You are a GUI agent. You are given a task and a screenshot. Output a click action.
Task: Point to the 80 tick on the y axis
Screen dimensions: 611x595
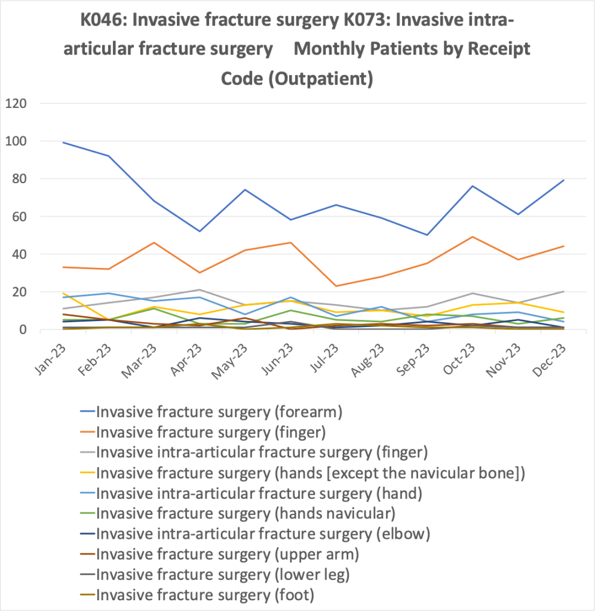click(18, 179)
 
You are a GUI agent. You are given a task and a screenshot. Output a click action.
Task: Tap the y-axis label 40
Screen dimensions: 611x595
click(18, 254)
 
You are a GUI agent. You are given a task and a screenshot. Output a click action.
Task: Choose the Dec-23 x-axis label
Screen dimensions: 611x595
click(548, 356)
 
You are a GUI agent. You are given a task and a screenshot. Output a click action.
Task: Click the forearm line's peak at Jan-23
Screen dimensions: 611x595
click(63, 143)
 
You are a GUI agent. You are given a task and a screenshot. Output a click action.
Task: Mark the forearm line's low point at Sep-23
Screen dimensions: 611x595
click(427, 235)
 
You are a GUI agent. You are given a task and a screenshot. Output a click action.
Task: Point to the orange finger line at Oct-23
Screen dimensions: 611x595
click(473, 237)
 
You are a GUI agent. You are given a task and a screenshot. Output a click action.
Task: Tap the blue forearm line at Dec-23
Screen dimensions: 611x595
click(563, 180)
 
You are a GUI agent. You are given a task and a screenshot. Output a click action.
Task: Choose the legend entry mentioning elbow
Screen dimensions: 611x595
click(263, 534)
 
